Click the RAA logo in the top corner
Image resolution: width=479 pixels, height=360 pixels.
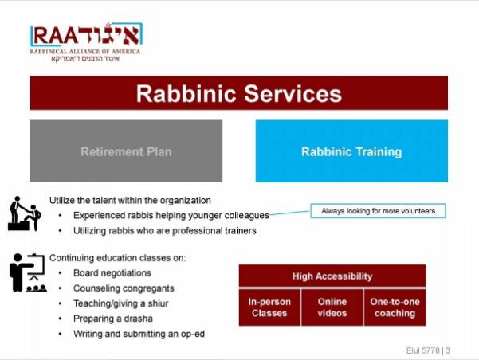86,42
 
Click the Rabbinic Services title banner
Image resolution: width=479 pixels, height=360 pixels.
239,93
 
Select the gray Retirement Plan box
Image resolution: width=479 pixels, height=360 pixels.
126,151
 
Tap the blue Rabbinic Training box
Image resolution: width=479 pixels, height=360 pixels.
351,151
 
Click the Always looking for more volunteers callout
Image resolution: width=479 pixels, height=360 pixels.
379,211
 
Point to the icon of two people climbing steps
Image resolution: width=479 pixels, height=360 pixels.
24,213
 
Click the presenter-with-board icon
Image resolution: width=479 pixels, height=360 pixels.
28,272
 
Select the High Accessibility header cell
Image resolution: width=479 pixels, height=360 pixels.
332,276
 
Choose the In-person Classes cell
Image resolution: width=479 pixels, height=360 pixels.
269,307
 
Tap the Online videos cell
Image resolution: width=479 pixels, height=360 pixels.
332,307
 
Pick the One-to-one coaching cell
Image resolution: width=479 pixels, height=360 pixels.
395,307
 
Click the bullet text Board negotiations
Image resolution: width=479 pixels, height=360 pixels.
112,273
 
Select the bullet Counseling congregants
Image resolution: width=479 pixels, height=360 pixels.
124,288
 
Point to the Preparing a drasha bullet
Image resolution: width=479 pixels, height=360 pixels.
113,319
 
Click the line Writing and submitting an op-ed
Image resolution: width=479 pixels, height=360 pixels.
139,334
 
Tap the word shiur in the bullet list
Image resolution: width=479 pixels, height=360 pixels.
159,303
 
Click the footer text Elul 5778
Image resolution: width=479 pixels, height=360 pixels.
422,350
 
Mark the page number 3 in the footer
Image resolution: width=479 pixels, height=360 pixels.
448,350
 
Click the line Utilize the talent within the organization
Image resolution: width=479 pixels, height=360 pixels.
130,200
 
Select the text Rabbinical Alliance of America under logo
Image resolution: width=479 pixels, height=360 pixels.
85,51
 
